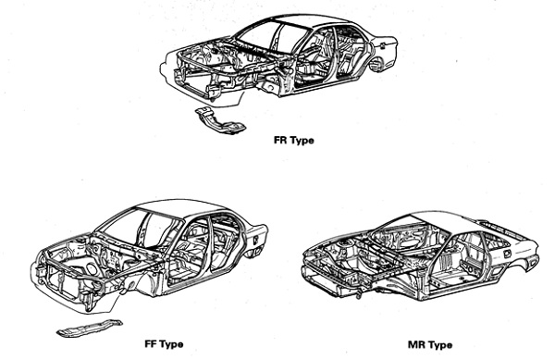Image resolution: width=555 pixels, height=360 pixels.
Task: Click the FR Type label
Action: (294, 140)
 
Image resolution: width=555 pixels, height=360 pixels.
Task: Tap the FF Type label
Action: (164, 343)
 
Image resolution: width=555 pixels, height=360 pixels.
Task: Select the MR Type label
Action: (430, 344)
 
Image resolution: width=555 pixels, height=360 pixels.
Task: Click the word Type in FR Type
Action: (302, 141)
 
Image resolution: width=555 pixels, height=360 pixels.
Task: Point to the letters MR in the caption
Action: (415, 344)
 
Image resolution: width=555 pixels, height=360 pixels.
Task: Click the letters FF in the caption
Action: (151, 343)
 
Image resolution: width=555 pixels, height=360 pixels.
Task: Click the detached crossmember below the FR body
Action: (220, 120)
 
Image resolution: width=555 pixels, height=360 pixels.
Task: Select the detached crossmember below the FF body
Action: (89, 329)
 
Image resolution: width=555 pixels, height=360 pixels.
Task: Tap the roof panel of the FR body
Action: (312, 20)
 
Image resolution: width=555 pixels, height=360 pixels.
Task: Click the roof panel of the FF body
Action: (180, 208)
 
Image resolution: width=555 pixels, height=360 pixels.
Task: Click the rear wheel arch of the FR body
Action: (377, 64)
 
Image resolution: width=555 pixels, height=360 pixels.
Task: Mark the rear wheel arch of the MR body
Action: (532, 262)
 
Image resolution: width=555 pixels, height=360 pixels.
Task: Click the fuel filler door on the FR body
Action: (382, 45)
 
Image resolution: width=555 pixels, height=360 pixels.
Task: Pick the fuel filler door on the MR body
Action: (507, 254)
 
